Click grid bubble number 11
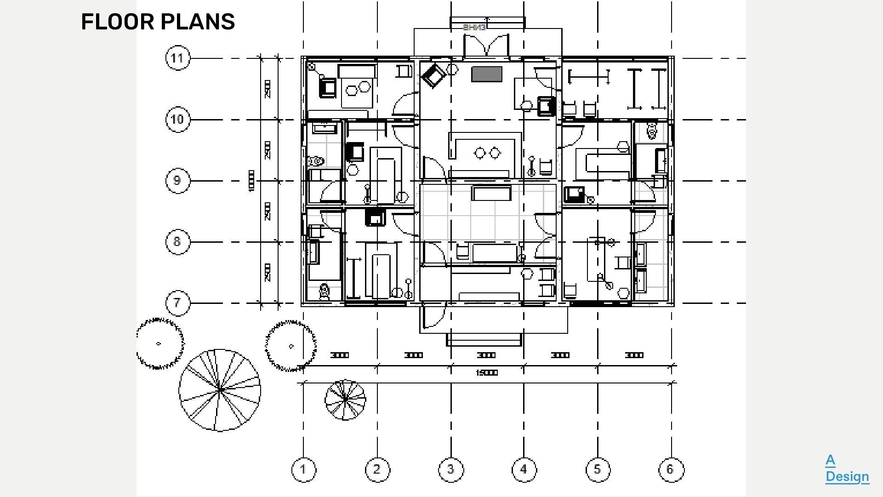(x=177, y=58)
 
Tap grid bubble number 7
(x=177, y=303)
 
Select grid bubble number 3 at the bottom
(x=450, y=469)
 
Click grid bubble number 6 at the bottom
(x=671, y=469)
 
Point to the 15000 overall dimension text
(x=486, y=373)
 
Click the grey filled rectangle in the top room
(x=486, y=74)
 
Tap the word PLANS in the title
(x=198, y=22)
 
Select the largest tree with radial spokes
(x=220, y=390)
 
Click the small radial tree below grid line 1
(x=345, y=400)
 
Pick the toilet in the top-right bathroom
(x=652, y=131)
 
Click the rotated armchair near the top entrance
(x=433, y=75)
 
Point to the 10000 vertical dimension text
(x=251, y=181)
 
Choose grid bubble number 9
(x=177, y=181)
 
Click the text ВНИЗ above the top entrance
(x=474, y=28)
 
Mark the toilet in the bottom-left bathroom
(x=325, y=291)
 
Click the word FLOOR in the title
(x=117, y=22)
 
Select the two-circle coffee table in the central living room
(x=487, y=153)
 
